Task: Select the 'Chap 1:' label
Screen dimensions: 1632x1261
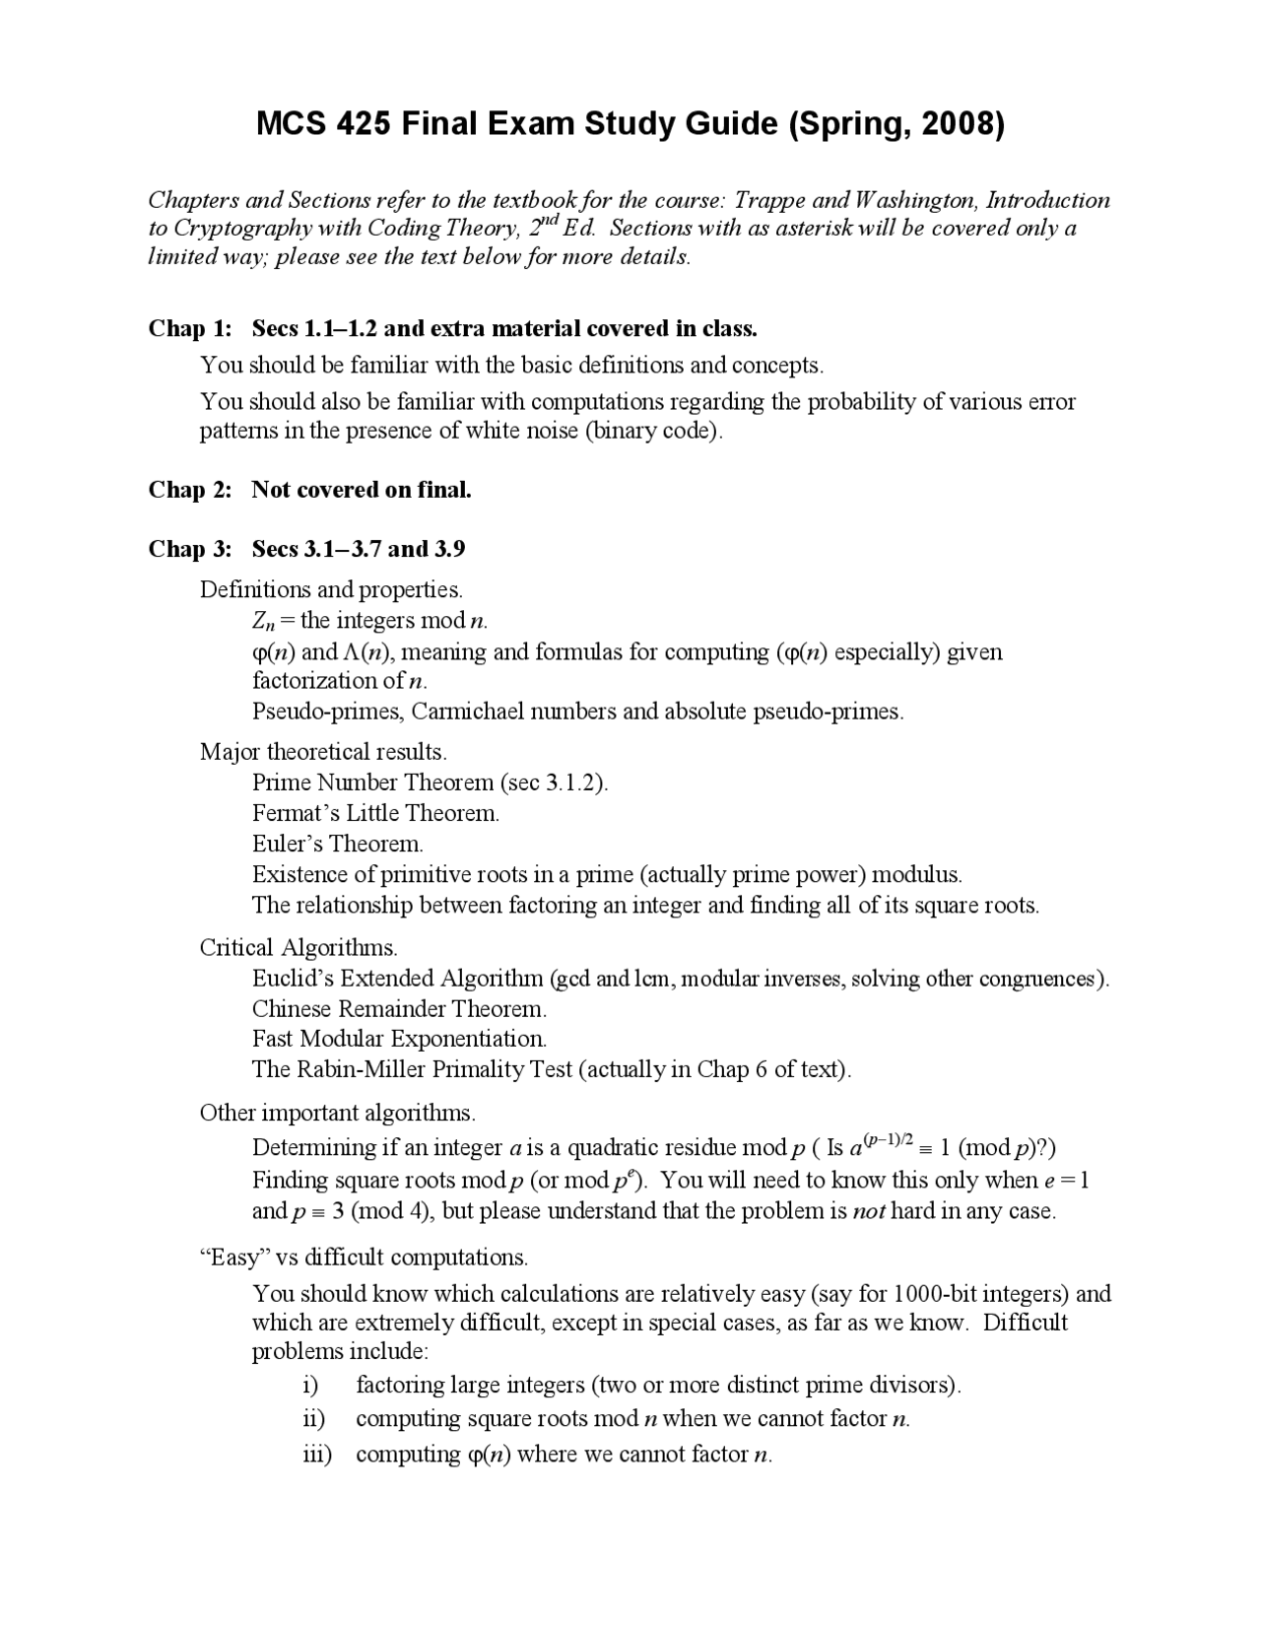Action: pos(190,328)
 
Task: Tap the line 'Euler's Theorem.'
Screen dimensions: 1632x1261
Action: pos(337,845)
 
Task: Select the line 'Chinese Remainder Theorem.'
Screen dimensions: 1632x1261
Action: pos(399,1009)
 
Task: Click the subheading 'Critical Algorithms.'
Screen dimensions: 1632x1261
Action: pos(299,948)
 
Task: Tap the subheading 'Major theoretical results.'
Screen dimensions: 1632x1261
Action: pos(323,752)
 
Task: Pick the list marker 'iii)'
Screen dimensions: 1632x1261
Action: pos(316,1455)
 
